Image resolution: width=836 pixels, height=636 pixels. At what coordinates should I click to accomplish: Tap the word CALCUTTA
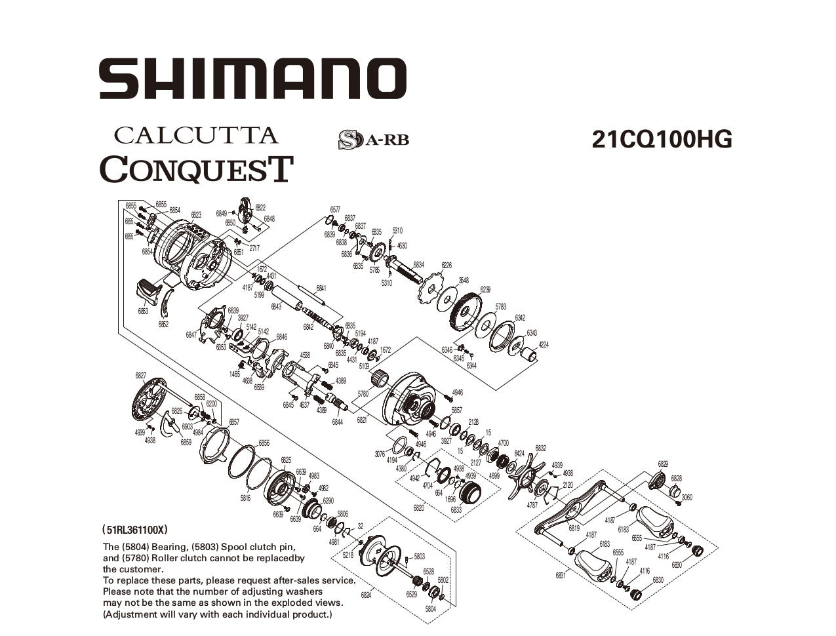(196, 135)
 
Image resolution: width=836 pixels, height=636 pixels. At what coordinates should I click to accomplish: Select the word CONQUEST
(195, 169)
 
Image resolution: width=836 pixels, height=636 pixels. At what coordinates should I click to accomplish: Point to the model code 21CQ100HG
(662, 139)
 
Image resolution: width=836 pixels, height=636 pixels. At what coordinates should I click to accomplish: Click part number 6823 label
(196, 214)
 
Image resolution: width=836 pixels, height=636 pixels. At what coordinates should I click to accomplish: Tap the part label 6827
(140, 376)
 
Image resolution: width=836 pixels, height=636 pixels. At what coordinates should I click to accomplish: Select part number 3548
(464, 281)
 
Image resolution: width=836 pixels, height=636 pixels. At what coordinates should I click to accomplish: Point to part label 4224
(544, 345)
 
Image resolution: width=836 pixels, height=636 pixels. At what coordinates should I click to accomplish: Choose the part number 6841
(321, 288)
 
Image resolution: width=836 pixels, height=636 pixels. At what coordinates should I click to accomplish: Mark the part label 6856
(264, 443)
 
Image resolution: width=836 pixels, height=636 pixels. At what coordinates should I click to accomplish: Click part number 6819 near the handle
(574, 528)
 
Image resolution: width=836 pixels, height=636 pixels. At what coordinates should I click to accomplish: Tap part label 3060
(687, 498)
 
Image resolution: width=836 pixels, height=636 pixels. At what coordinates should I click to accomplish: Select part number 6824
(366, 595)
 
